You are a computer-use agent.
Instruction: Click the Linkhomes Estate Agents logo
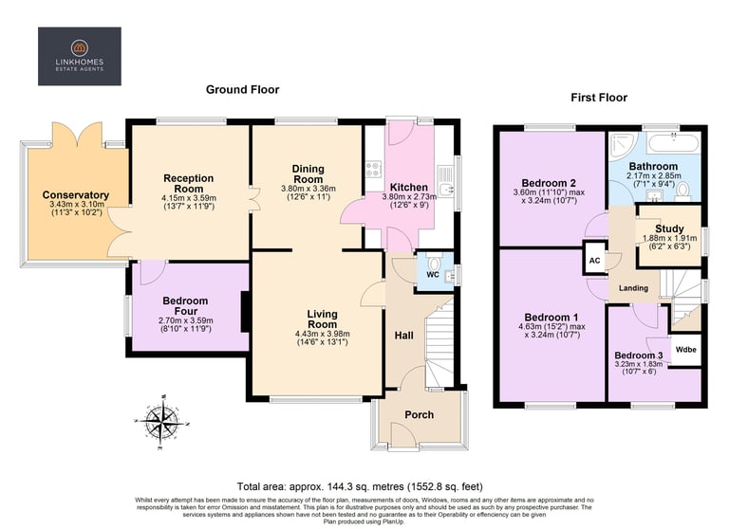[x=80, y=56]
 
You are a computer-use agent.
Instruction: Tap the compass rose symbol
[x=161, y=422]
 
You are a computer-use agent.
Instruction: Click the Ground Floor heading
[x=243, y=90]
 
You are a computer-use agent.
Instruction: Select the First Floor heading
[x=599, y=98]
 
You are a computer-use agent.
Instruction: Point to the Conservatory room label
[x=76, y=195]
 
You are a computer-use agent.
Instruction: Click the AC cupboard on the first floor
[x=594, y=260]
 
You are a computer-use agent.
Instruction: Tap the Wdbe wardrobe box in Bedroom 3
[x=685, y=349]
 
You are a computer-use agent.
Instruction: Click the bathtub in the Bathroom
[x=673, y=142]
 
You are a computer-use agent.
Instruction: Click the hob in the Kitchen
[x=373, y=169]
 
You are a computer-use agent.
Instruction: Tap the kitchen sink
[x=446, y=182]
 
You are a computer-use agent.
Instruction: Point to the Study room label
[x=669, y=228]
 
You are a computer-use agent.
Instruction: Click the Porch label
[x=419, y=414]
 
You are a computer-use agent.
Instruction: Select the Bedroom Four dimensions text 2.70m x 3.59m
[x=186, y=320]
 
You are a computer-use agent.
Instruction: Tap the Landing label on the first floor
[x=633, y=288]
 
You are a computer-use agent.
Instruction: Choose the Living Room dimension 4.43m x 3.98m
[x=322, y=334]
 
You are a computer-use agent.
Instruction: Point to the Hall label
[x=404, y=336]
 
